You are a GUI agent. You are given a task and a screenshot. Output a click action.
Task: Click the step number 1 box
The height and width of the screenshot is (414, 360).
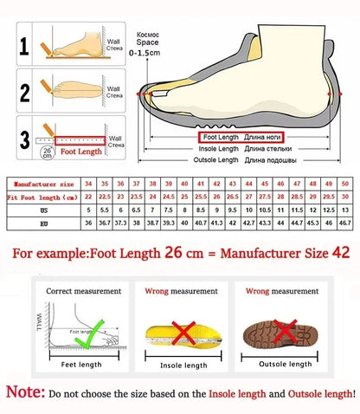click(x=26, y=43)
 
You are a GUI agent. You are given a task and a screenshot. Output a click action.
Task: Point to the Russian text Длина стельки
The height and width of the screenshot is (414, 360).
click(x=268, y=148)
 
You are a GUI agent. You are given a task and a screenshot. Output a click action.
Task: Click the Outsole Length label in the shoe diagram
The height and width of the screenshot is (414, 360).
click(x=215, y=159)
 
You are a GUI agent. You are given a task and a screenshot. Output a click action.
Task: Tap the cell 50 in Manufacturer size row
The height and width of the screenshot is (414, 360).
click(x=345, y=184)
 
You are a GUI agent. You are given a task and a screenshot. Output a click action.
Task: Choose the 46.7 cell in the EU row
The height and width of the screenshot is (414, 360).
click(x=345, y=223)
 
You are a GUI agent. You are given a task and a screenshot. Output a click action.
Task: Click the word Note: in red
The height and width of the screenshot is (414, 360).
click(x=26, y=393)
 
